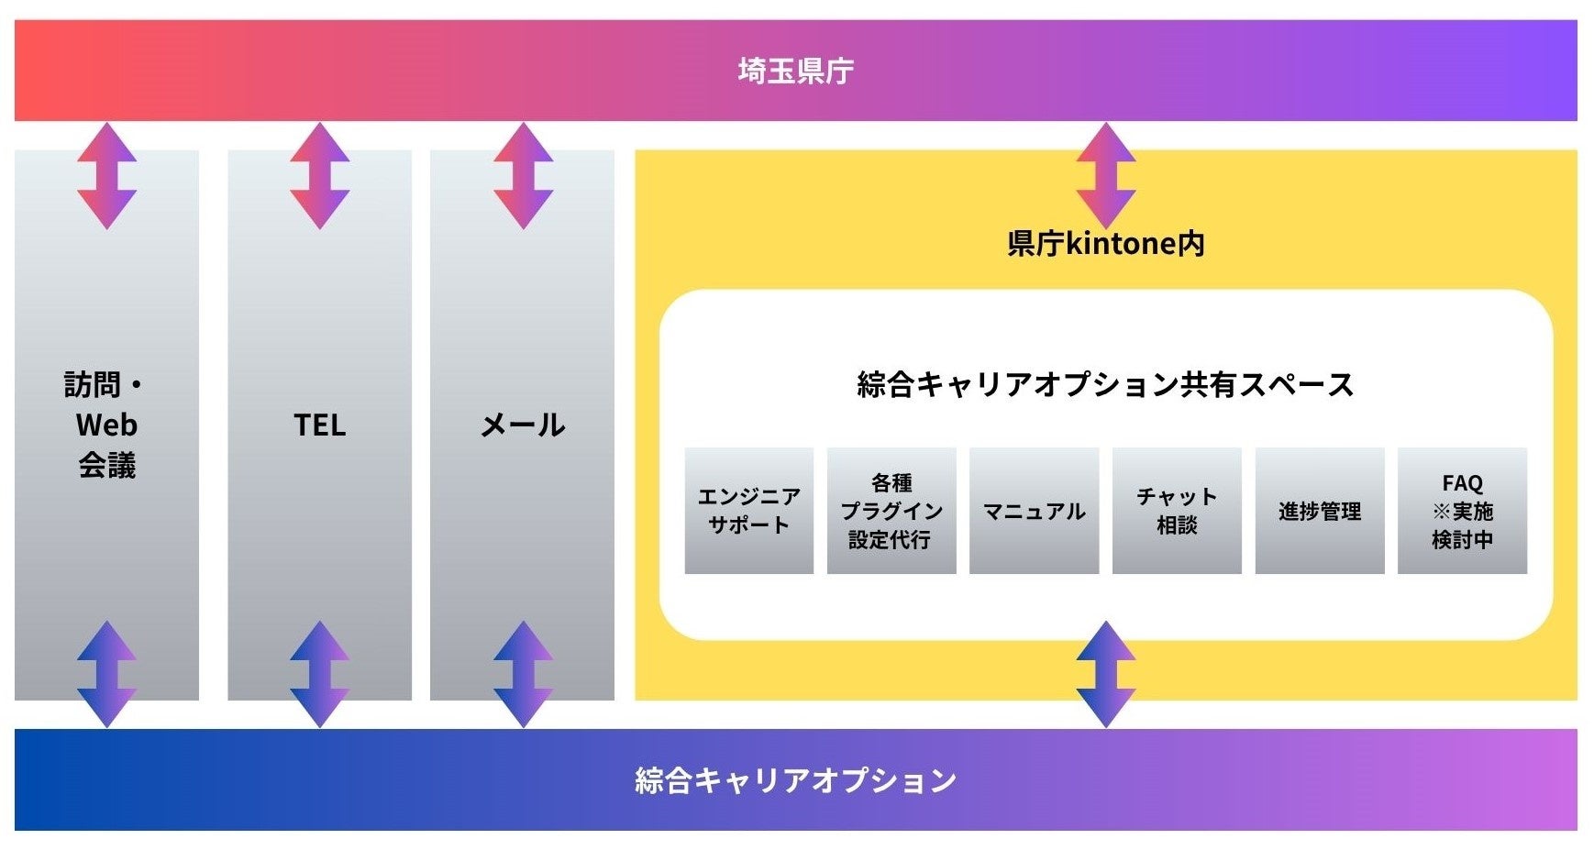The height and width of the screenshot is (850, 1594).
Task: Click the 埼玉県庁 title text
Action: tap(795, 71)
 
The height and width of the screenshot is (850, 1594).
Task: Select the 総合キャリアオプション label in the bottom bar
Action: tap(795, 780)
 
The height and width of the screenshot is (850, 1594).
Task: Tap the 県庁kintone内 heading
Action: tap(1105, 243)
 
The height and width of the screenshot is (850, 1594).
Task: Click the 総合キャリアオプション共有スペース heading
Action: tap(1105, 384)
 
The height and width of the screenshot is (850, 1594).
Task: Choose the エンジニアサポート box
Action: tap(748, 511)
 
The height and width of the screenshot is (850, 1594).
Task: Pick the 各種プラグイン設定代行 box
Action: tap(891, 511)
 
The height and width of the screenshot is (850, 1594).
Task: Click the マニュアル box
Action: tap(1034, 511)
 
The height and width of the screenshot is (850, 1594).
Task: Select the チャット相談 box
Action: tap(1177, 511)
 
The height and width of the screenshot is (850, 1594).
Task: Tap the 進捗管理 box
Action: tap(1319, 511)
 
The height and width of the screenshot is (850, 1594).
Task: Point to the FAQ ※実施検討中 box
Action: tap(1462, 511)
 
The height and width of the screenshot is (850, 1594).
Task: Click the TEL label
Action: tap(319, 425)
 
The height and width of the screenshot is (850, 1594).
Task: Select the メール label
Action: tap(523, 425)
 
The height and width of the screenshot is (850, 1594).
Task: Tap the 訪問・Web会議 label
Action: tap(106, 425)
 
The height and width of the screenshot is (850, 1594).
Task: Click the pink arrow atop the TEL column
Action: tap(319, 175)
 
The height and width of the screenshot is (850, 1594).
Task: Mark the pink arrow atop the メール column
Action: tap(523, 175)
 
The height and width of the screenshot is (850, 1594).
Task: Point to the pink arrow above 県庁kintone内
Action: tap(1105, 175)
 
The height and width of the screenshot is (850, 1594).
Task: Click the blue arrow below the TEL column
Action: tap(319, 674)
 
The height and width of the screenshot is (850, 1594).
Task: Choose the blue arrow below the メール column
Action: tap(523, 674)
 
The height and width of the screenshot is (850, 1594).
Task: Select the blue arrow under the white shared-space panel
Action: tap(1105, 674)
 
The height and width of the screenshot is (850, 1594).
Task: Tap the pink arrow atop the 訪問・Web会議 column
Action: tap(106, 175)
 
